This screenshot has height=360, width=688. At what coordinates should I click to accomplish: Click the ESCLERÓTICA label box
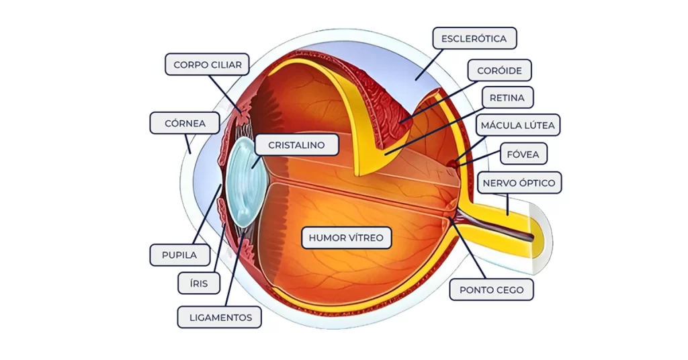(x=474, y=38)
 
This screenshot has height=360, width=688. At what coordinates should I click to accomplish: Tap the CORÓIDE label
(x=500, y=70)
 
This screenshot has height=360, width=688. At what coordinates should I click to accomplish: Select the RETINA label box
(x=507, y=97)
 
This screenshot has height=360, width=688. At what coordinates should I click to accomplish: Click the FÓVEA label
(x=523, y=153)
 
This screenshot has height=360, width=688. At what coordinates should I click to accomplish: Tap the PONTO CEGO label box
(x=491, y=290)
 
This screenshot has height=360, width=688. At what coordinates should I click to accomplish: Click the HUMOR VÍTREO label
(x=346, y=238)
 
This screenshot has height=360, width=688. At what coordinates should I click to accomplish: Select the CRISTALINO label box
(x=296, y=144)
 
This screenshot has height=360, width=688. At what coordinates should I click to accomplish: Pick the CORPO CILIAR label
(x=207, y=65)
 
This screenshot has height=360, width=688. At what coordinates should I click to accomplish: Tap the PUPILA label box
(x=179, y=255)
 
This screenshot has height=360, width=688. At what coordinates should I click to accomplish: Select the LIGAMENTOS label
(x=219, y=317)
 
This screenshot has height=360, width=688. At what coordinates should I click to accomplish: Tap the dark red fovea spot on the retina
(x=454, y=162)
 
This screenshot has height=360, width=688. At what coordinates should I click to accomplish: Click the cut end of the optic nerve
(x=542, y=236)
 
